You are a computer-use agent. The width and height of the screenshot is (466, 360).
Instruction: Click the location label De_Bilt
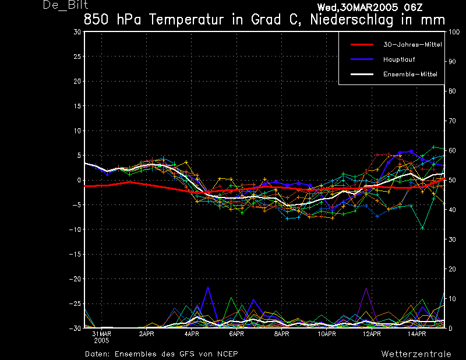[65, 5]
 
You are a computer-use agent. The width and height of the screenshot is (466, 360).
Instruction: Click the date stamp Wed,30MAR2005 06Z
[370, 7]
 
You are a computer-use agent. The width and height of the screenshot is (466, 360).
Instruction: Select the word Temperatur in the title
[186, 20]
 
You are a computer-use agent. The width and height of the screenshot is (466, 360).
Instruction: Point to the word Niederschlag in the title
[352, 20]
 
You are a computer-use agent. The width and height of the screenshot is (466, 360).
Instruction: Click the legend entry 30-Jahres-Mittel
[412, 45]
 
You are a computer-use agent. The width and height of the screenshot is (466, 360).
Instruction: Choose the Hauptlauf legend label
[399, 59]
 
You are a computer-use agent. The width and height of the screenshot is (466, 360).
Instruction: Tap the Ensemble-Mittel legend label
[410, 75]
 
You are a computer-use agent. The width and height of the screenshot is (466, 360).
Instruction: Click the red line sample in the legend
[362, 45]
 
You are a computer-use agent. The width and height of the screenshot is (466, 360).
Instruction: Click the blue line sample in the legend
[362, 59]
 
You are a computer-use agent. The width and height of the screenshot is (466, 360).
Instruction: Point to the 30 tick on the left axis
[77, 32]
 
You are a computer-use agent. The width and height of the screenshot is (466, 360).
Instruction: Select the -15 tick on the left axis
[75, 254]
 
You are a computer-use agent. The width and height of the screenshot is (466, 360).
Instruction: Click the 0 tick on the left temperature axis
[79, 180]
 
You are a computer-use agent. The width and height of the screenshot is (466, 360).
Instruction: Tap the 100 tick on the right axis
[454, 32]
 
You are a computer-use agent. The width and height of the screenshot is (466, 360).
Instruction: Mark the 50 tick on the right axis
[452, 180]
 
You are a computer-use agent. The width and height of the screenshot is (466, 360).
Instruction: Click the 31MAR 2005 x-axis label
[101, 337]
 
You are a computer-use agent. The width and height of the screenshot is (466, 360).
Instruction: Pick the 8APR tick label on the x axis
[281, 334]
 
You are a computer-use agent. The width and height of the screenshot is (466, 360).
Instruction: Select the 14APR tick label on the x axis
[416, 334]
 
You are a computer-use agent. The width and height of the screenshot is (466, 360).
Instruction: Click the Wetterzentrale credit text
[416, 354]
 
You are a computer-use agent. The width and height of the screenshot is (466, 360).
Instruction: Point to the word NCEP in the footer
[227, 354]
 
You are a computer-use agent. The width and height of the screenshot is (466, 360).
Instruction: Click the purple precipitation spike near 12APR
[366, 288]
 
